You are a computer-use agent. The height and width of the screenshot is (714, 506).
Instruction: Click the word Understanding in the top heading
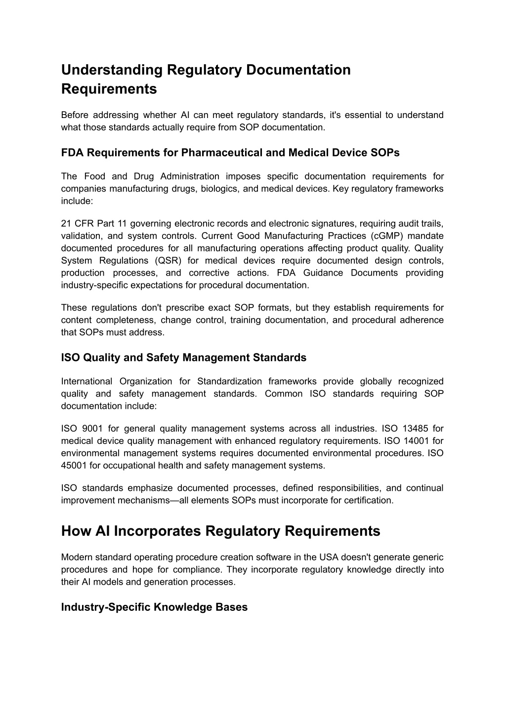[112, 70]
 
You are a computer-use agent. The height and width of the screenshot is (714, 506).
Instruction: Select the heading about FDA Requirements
[230, 153]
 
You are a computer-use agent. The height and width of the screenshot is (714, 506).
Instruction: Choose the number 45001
[74, 466]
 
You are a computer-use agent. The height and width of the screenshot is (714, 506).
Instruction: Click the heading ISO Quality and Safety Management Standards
[183, 357]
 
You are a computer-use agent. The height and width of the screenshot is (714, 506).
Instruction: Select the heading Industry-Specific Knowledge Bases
[154, 607]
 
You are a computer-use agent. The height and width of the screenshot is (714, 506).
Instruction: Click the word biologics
[219, 189]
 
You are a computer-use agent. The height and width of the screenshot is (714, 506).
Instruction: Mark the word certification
[369, 500]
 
